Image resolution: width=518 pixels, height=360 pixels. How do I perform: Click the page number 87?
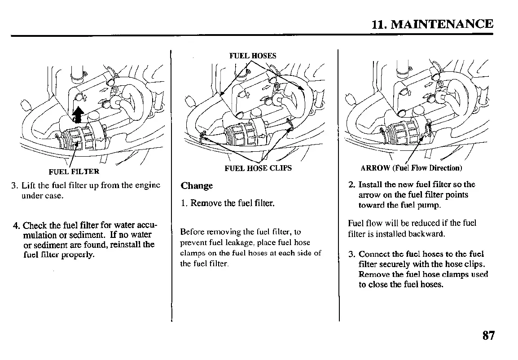pyautogui.click(x=488, y=335)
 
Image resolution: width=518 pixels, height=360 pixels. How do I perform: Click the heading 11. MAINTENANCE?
pyautogui.click(x=432, y=24)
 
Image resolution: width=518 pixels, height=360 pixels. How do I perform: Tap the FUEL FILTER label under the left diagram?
pyautogui.click(x=74, y=171)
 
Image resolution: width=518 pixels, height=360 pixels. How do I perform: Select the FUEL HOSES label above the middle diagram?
pyautogui.click(x=253, y=56)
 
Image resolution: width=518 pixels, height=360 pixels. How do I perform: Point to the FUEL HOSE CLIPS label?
pyautogui.click(x=258, y=168)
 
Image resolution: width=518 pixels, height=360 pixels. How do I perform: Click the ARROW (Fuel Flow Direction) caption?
pyautogui.click(x=411, y=168)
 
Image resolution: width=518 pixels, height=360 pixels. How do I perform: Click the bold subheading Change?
pyautogui.click(x=197, y=186)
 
